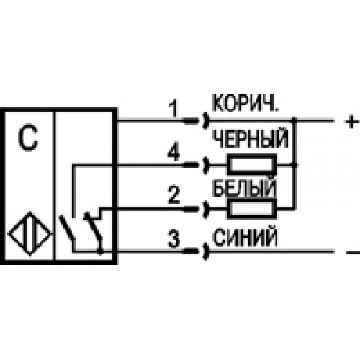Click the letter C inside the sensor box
tap(28, 138)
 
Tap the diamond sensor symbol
tap(30, 233)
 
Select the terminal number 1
tap(174, 109)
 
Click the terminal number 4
tap(174, 153)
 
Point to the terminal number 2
tap(174, 195)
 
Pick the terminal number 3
tap(174, 238)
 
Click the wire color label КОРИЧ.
tap(246, 104)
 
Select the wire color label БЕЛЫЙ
tap(244, 188)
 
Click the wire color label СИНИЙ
tap(245, 238)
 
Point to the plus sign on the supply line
tap(351, 122)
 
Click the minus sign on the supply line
tap(352, 252)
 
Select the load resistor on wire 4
tap(252, 165)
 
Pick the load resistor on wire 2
tap(252, 209)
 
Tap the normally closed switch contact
tap(94, 227)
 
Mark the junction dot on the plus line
tap(294, 120)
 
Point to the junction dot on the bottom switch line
tap(101, 251)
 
